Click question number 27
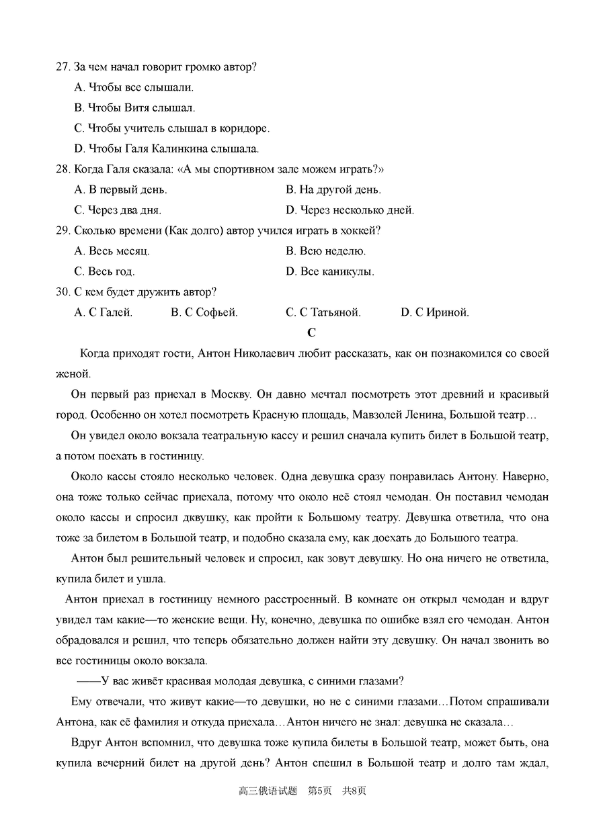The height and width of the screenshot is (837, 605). tap(63, 67)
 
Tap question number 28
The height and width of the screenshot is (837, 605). tap(63, 169)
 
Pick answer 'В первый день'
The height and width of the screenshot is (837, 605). tap(121, 189)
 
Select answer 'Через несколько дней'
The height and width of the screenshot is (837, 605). tap(350, 210)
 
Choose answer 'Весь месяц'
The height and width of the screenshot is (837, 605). tap(112, 251)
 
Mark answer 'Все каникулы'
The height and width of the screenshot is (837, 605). tap(329, 271)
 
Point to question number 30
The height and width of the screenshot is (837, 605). tap(63, 292)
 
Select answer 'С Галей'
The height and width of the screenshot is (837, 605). tap(104, 312)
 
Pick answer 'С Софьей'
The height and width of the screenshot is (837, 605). tap(204, 312)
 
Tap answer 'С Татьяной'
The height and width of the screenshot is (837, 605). tap(323, 312)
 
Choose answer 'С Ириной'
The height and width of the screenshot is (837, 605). tap(435, 312)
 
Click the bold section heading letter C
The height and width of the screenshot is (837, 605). tap(311, 333)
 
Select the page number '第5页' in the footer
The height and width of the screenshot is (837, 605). tap(320, 791)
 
